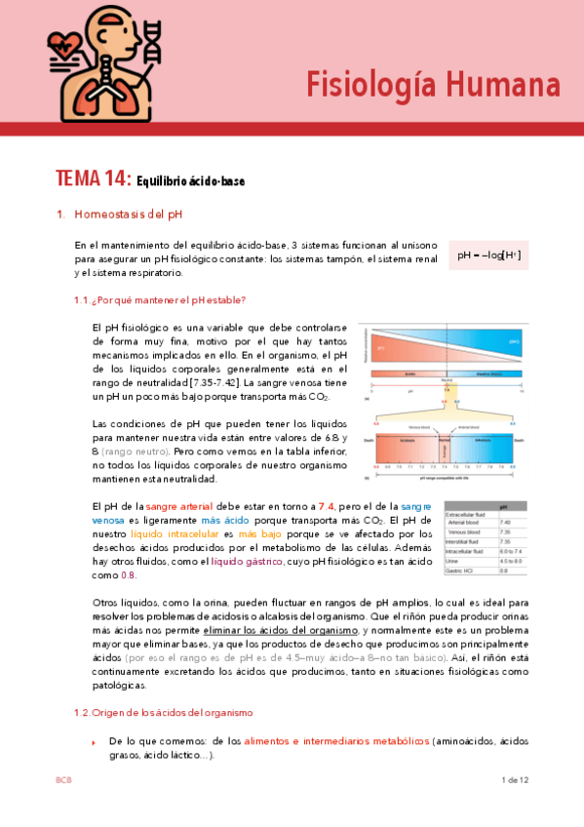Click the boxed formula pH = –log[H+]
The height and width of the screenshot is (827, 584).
pos(488,256)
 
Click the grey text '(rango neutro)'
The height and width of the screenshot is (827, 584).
pos(135,452)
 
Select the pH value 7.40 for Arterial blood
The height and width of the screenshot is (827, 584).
pos(504,523)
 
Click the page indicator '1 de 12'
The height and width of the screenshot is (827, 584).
pos(514,780)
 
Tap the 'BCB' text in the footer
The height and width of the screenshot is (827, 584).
pos(63,780)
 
